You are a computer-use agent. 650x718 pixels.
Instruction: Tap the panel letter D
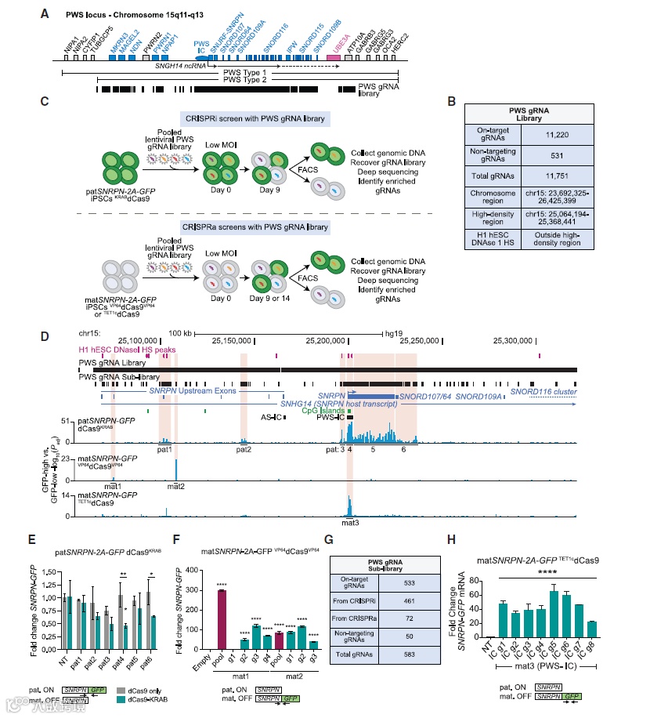44,338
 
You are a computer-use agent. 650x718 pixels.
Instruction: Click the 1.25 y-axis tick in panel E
52,561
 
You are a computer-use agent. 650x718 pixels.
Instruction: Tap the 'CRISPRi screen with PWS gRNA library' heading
254,118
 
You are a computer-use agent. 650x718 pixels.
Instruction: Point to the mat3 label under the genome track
349,521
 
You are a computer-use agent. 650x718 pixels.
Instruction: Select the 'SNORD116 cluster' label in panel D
541,390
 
